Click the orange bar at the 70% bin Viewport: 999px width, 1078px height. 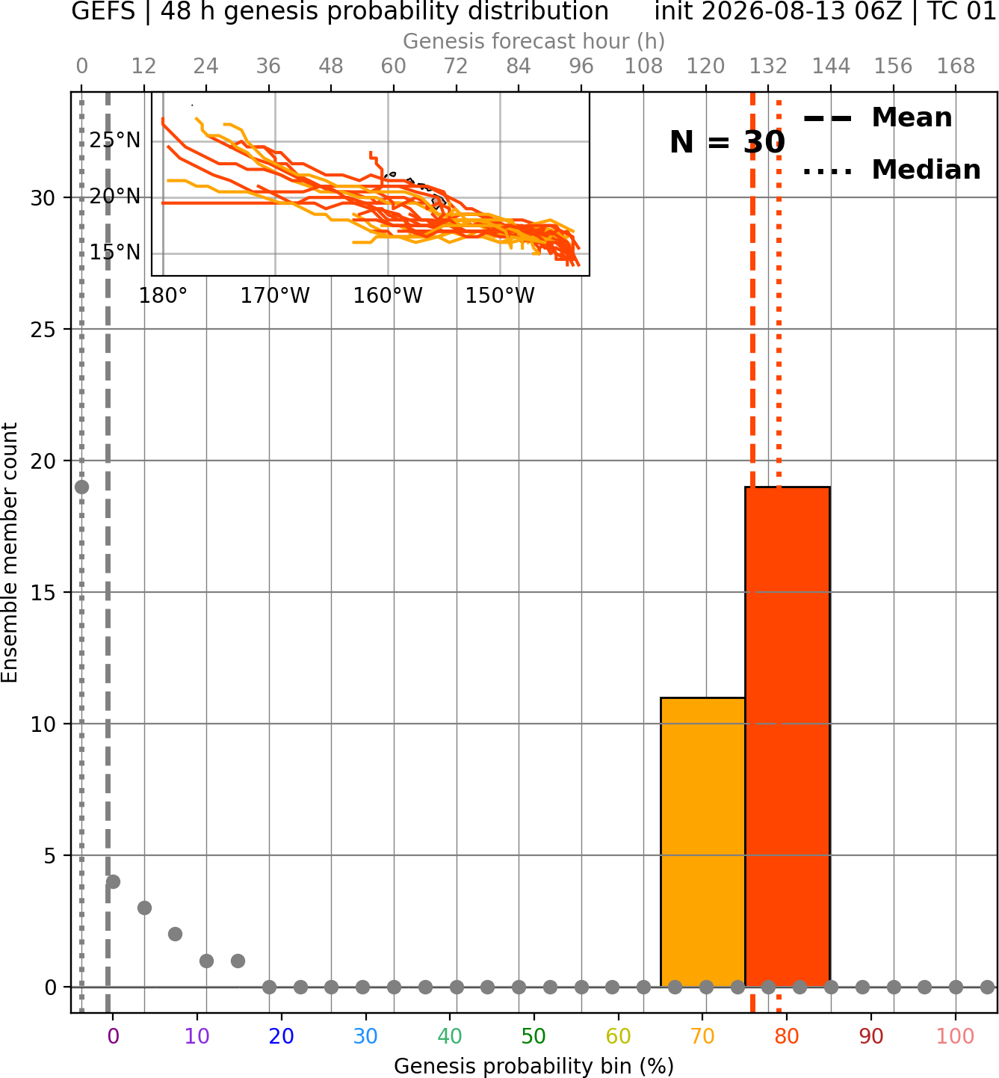click(x=702, y=842)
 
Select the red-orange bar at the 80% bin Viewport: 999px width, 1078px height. click(x=788, y=736)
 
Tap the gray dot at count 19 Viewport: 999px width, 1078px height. click(x=81, y=487)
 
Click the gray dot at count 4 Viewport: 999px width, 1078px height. click(x=113, y=881)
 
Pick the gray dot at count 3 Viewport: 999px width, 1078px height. click(x=144, y=908)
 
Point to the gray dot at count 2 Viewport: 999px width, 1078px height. click(x=176, y=934)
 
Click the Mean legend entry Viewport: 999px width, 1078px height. click(x=877, y=118)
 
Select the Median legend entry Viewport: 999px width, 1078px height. click(x=891, y=170)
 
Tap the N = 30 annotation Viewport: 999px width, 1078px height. click(x=727, y=142)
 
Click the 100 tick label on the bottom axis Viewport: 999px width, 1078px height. click(x=956, y=1036)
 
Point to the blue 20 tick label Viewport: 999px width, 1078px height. click(x=282, y=1036)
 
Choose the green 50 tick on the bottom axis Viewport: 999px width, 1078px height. click(x=533, y=1036)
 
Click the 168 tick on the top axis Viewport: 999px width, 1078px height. click(x=956, y=67)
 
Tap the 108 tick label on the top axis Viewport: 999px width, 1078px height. click(x=643, y=67)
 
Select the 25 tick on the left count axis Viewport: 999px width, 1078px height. click(x=43, y=330)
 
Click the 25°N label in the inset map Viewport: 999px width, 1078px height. click(x=115, y=141)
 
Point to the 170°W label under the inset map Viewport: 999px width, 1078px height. click(x=275, y=296)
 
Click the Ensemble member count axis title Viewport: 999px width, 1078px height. click(x=10, y=552)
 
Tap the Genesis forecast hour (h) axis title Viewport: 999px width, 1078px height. click(x=534, y=41)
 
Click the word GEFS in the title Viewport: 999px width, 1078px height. click(x=103, y=11)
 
